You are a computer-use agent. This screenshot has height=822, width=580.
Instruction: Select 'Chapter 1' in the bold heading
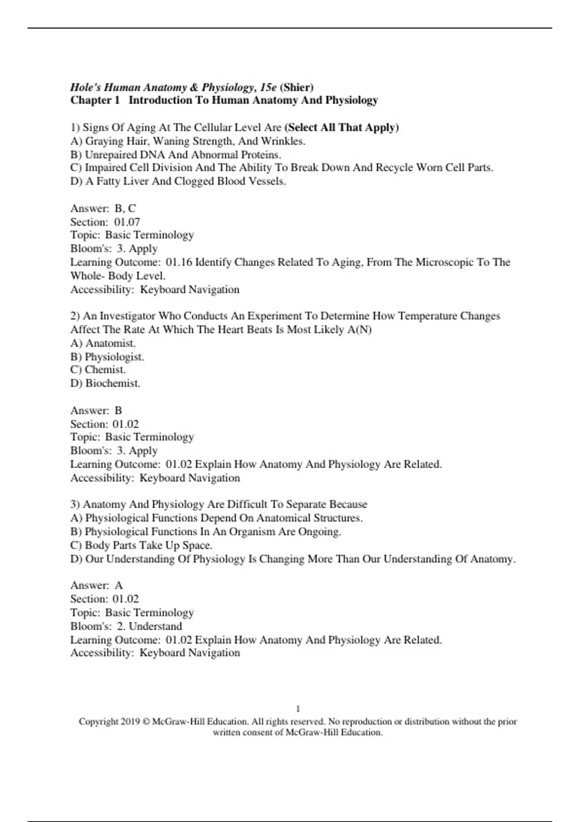point(95,101)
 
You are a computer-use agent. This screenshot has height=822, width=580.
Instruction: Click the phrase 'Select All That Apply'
point(342,128)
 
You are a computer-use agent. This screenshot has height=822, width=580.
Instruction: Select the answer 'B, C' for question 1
point(125,208)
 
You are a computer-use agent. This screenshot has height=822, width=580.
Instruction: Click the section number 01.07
point(127,222)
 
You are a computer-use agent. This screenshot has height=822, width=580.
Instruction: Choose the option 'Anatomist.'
point(110,343)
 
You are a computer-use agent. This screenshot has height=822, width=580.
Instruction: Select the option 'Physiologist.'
point(114,357)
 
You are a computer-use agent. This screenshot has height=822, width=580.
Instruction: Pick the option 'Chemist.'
point(105,370)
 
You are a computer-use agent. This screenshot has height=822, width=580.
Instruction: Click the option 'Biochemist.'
point(113,383)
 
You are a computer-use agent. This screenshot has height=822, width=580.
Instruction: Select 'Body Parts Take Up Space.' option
point(148,545)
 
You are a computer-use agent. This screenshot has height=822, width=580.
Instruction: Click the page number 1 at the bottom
point(298,709)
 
